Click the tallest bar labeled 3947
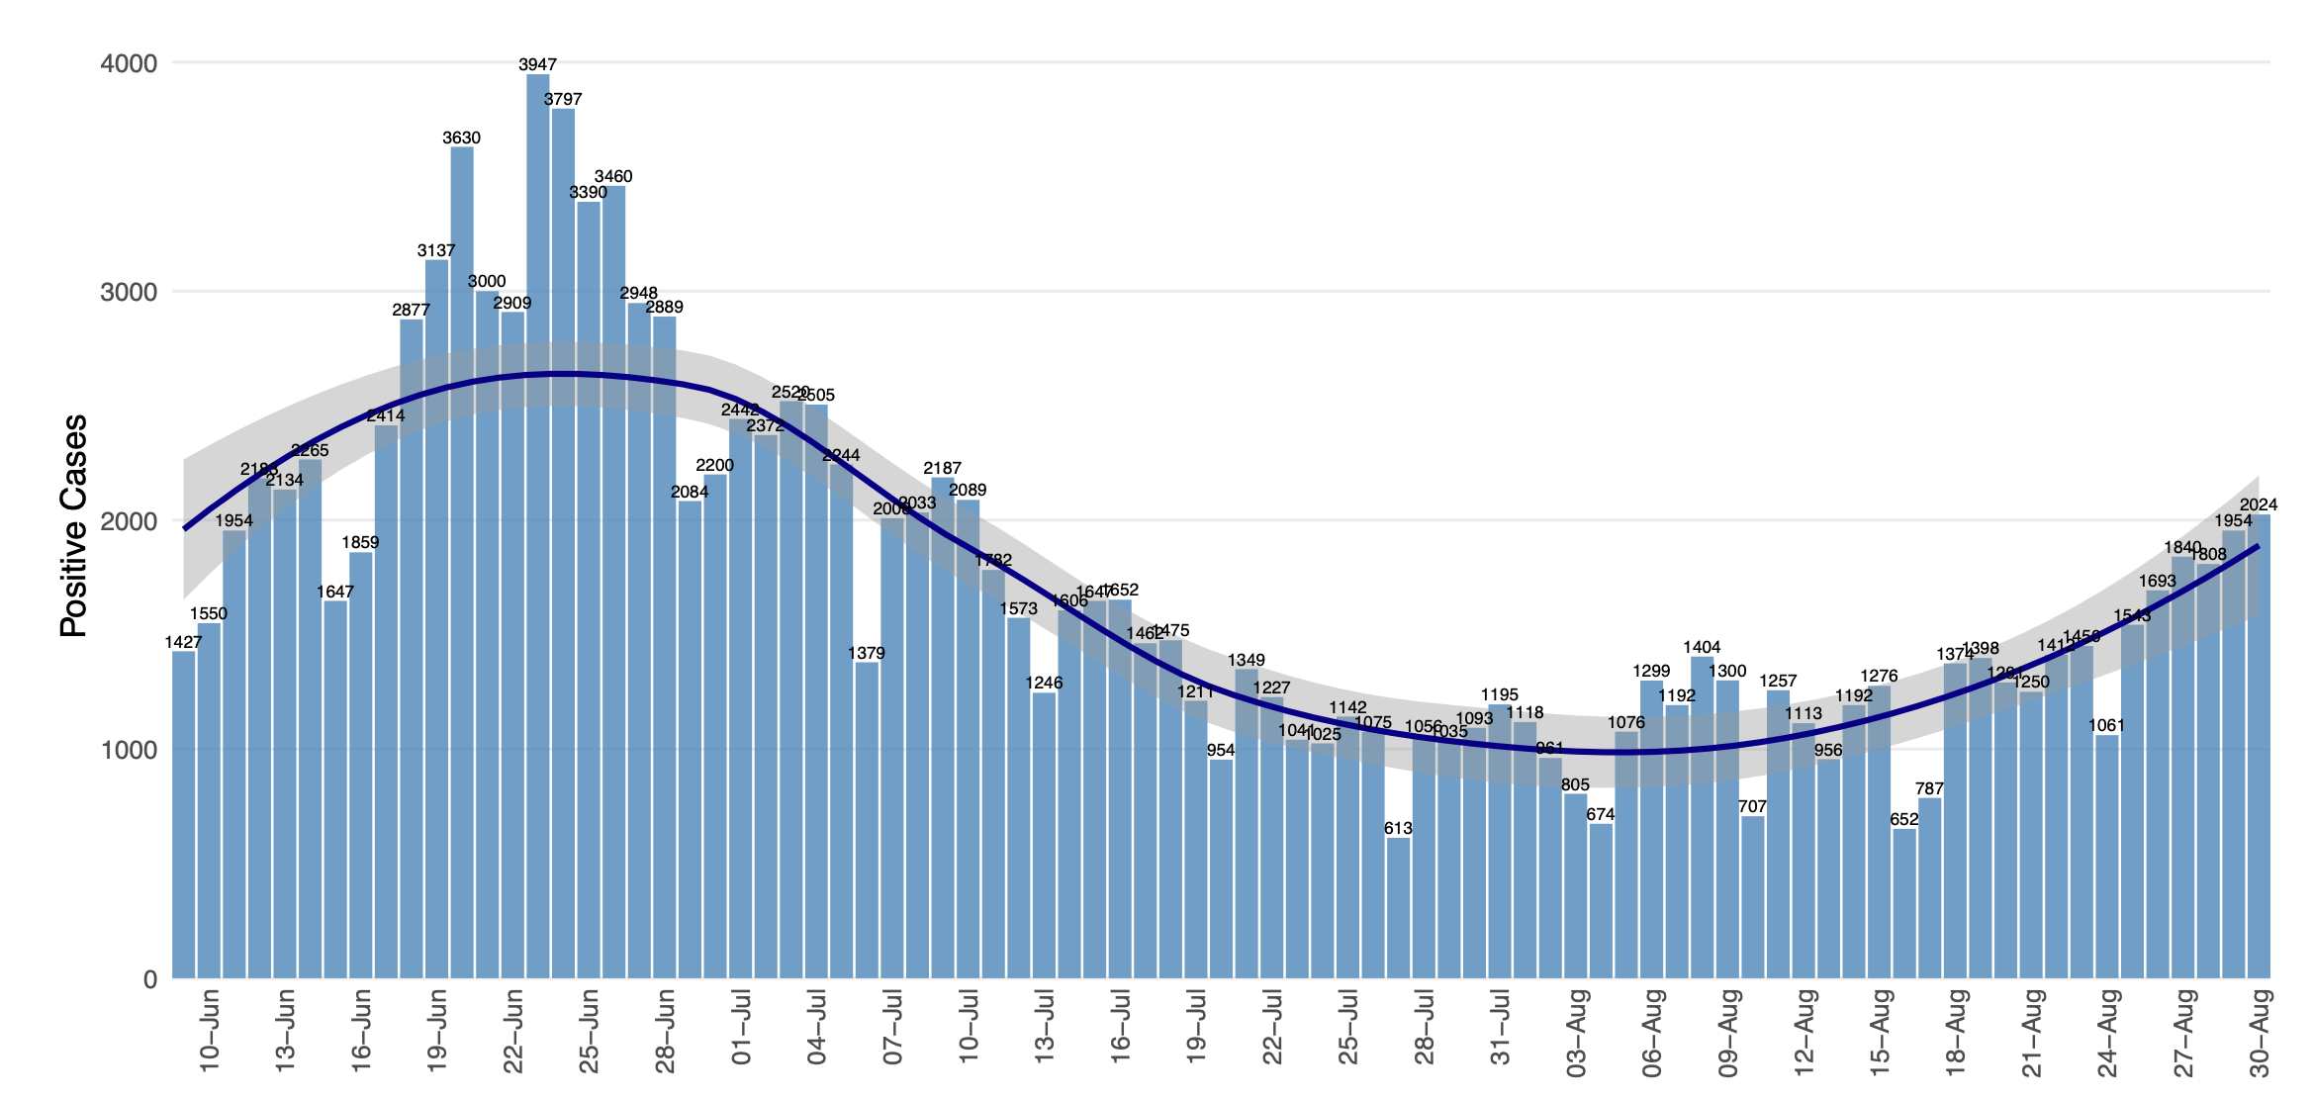tap(538, 524)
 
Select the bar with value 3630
tap(462, 564)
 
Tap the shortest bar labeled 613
tap(1398, 907)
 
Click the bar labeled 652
tap(1904, 903)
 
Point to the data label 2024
tap(2259, 505)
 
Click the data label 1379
tap(867, 654)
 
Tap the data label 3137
tap(436, 251)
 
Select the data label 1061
tap(2107, 726)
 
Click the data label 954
tap(1221, 751)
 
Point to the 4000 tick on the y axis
tap(129, 64)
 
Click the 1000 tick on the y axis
tap(129, 751)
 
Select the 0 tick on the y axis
tap(149, 980)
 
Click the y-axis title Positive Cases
tap(74, 525)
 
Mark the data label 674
tap(1600, 815)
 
